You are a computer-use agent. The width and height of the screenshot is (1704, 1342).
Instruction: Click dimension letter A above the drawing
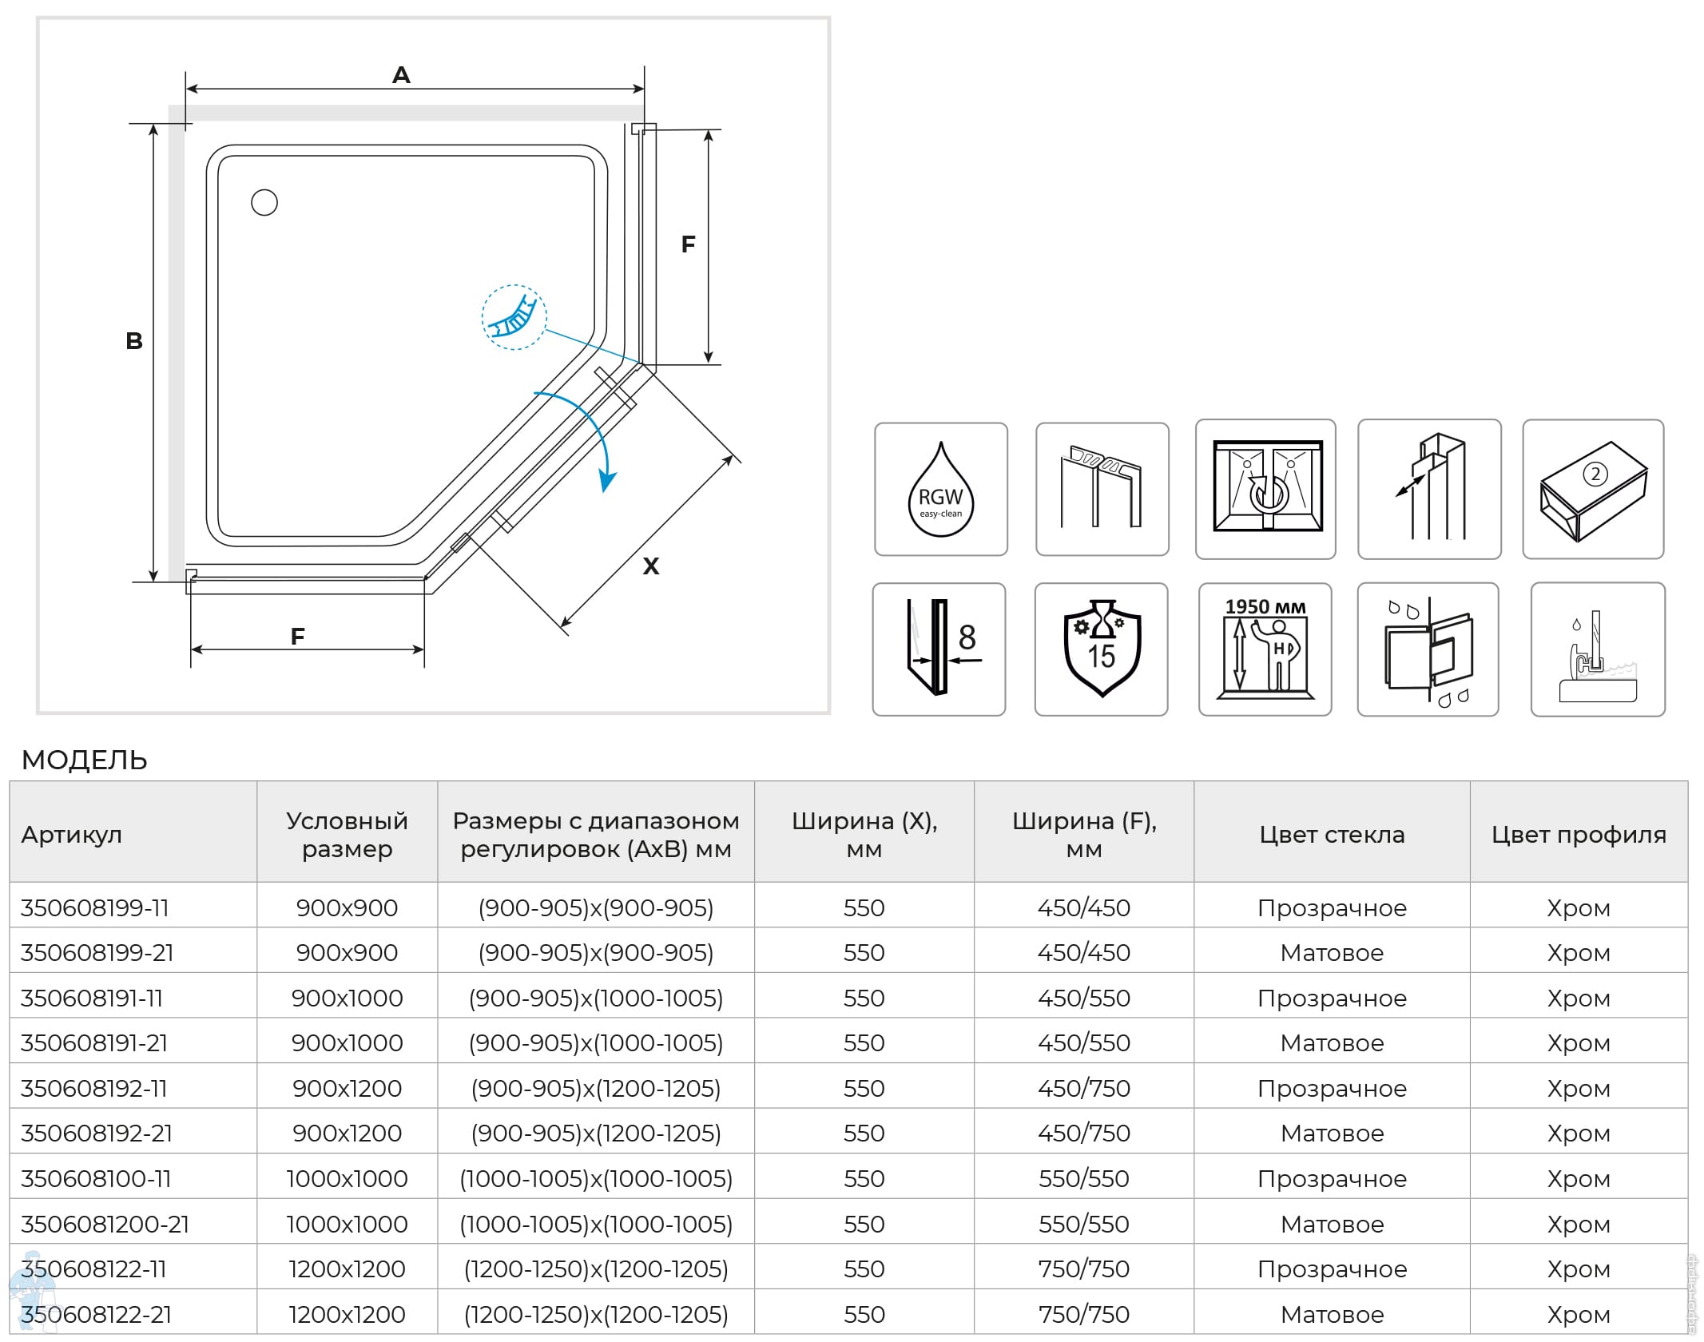[401, 75]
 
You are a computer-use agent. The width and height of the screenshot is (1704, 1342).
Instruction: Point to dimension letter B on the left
[134, 341]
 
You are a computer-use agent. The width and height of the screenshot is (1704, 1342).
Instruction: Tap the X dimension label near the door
[651, 566]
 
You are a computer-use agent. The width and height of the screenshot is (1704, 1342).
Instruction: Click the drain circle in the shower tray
[264, 203]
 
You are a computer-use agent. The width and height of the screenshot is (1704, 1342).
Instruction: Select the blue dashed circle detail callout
[514, 318]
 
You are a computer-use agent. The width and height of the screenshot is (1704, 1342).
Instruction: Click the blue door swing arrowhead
[608, 482]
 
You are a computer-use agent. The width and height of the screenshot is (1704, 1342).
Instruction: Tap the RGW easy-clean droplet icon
[940, 490]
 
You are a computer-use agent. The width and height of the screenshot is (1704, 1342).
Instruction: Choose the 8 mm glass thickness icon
[939, 649]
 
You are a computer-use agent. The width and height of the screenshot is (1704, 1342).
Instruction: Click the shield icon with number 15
[1101, 649]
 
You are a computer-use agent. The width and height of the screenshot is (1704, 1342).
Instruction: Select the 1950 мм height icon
[1265, 649]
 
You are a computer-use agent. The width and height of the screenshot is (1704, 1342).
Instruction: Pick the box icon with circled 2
[1593, 490]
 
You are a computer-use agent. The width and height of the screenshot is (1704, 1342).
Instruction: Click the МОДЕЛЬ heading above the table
[85, 760]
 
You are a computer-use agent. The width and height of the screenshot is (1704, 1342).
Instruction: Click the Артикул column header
[72, 835]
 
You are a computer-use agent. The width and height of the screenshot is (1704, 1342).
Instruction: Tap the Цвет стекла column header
[1332, 835]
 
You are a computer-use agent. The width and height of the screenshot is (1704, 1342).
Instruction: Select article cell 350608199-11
[95, 908]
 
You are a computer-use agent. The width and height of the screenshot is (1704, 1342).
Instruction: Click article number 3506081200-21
[105, 1224]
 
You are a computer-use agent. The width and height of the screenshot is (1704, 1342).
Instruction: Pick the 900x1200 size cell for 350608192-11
[347, 1088]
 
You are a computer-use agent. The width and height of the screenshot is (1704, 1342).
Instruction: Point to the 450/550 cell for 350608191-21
[1083, 1043]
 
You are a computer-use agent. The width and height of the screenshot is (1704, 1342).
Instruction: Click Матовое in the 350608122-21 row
[1332, 1314]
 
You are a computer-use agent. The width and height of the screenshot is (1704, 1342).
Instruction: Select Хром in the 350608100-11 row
[1578, 1179]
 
